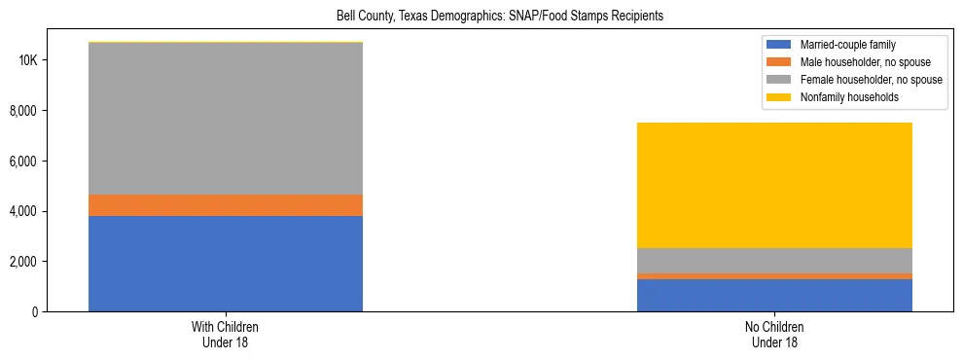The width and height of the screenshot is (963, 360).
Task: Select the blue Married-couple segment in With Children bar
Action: [226, 263]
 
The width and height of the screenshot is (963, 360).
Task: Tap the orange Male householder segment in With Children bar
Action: [226, 204]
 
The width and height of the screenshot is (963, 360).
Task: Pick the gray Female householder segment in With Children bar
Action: [226, 119]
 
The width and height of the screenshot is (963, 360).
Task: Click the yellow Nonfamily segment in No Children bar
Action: [774, 185]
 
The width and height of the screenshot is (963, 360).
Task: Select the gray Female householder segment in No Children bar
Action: [774, 261]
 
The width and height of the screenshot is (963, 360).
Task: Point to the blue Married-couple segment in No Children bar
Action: [774, 295]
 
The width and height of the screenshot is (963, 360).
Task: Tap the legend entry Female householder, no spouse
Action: [871, 80]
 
